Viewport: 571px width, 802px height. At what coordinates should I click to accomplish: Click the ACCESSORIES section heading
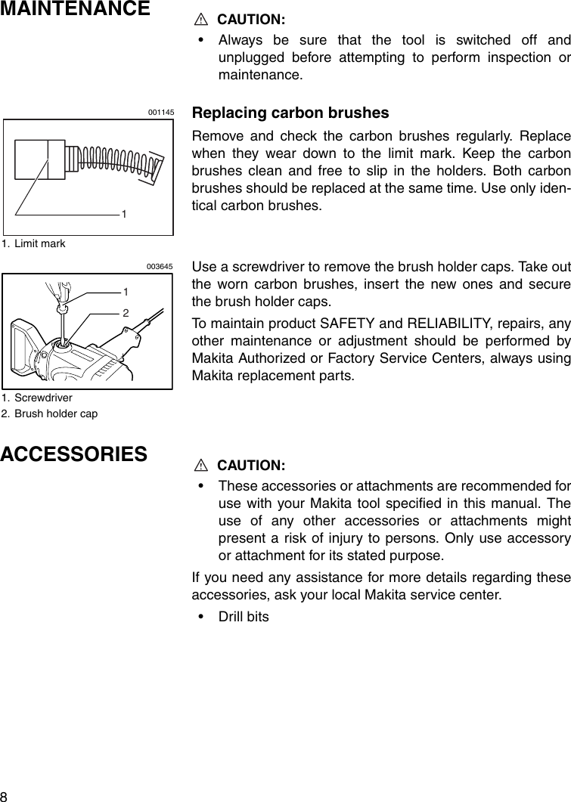[74, 454]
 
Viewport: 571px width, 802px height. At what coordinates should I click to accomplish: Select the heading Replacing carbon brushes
[290, 113]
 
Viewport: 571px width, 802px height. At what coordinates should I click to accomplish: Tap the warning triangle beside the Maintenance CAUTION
[202, 19]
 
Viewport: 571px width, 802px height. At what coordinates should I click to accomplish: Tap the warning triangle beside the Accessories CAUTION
[202, 463]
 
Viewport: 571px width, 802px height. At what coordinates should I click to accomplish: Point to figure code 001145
[161, 112]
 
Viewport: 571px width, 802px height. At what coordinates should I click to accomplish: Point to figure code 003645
[160, 266]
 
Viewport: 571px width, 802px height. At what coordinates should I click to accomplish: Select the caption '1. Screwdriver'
[37, 396]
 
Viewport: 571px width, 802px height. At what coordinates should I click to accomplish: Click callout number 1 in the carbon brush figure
[123, 215]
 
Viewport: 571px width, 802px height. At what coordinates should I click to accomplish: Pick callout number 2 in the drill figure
[126, 312]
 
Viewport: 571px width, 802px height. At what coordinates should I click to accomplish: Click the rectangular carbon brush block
[42, 159]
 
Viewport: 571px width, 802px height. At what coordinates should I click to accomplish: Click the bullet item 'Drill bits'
[244, 616]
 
